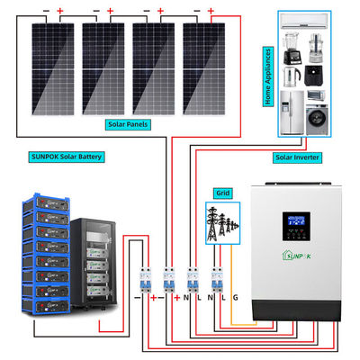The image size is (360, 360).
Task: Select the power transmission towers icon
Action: pyautogui.click(x=221, y=220)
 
